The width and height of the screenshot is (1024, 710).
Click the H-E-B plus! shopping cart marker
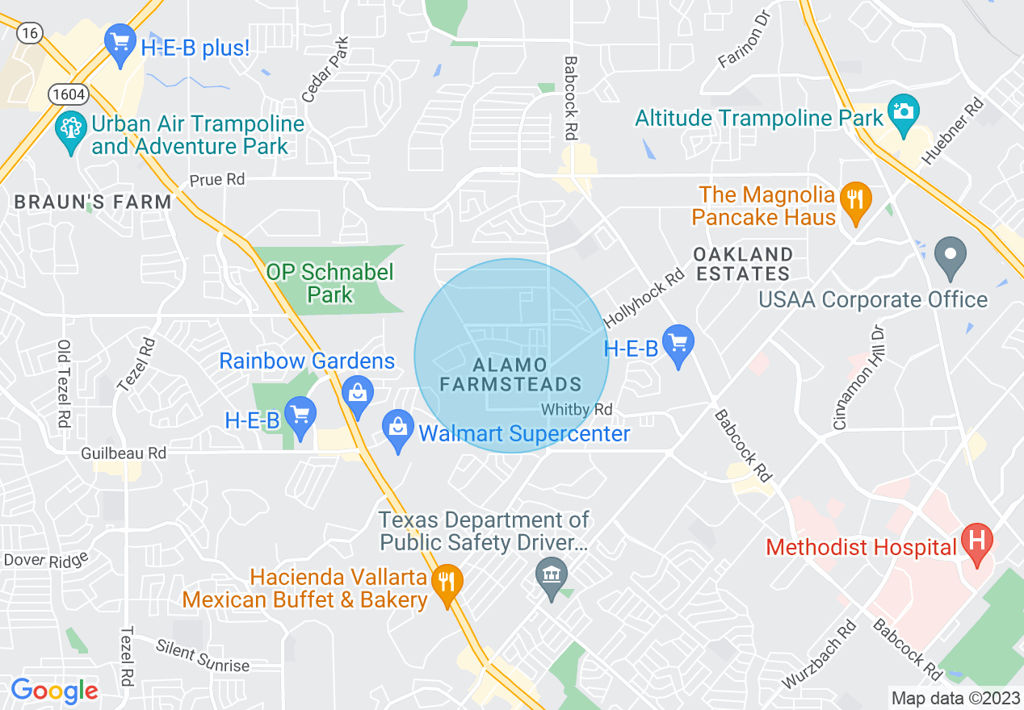coord(120,43)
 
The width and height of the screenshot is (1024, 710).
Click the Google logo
coord(55,691)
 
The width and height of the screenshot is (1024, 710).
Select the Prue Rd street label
coord(217,179)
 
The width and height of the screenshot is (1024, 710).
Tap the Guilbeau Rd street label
coord(124,453)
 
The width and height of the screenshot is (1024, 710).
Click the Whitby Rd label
coord(577,410)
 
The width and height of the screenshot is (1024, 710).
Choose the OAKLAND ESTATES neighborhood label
coord(743,264)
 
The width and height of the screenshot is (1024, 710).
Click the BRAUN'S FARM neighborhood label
coord(93,203)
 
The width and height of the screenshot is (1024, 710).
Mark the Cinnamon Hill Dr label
coord(861,377)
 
